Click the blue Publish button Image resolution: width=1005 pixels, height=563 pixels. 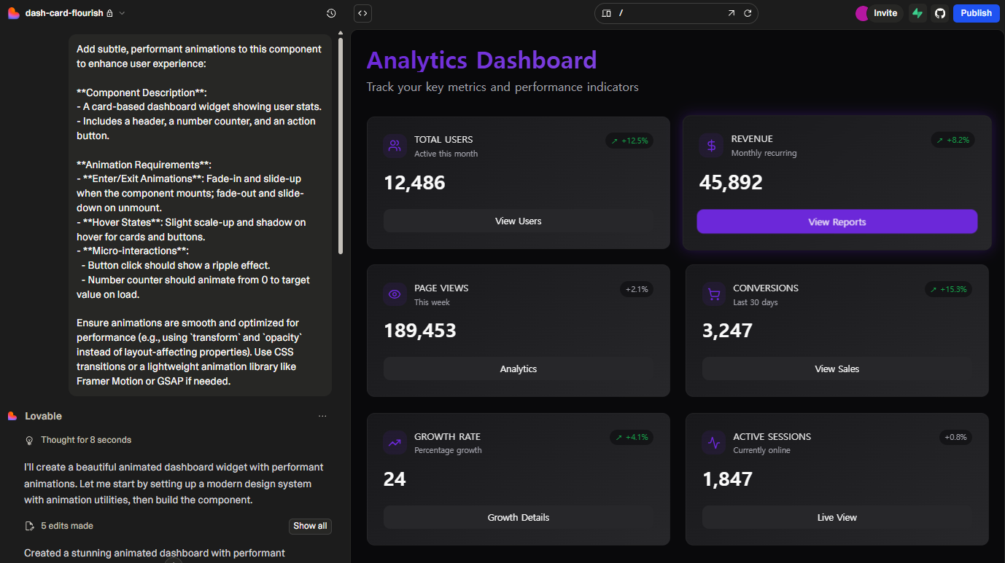click(976, 13)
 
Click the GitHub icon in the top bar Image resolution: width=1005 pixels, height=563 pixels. click(939, 13)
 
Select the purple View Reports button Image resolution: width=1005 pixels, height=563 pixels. click(837, 222)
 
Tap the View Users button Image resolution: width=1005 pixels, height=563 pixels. click(518, 221)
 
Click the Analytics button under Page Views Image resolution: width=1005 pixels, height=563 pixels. click(518, 369)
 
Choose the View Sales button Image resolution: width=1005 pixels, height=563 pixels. click(837, 369)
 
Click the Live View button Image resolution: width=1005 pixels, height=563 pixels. click(837, 517)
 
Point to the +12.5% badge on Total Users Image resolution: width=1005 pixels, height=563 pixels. click(629, 141)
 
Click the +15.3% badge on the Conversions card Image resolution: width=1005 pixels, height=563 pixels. click(948, 289)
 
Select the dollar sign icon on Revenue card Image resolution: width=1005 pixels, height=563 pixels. click(711, 145)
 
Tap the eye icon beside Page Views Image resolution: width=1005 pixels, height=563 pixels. click(395, 294)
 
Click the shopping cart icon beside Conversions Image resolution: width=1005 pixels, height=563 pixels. click(713, 294)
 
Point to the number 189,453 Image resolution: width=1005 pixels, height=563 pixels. click(420, 331)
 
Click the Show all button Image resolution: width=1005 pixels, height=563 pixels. click(310, 526)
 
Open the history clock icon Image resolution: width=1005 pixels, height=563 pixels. click(331, 13)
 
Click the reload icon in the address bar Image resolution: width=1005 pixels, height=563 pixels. click(748, 13)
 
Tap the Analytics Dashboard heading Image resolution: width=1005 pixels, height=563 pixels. click(481, 60)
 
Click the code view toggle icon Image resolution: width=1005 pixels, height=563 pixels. click(362, 13)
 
